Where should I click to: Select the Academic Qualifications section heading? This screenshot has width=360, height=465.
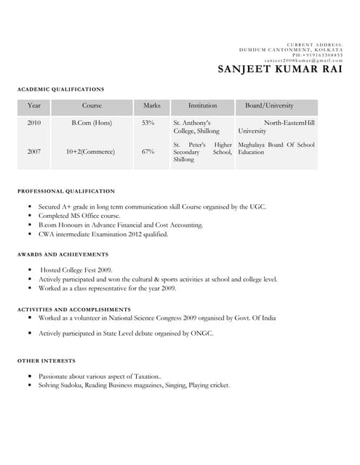[x=60, y=89]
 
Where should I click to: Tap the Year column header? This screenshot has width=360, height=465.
[x=33, y=106]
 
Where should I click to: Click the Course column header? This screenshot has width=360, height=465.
[x=92, y=106]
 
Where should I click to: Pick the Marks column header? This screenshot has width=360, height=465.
[x=151, y=106]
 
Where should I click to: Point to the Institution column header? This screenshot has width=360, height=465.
[x=202, y=106]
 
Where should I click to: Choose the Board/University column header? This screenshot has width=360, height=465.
[x=269, y=106]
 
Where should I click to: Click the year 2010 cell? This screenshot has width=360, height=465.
[x=33, y=123]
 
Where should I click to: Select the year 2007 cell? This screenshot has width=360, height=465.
[x=33, y=152]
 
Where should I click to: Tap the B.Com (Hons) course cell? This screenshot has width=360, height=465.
[x=92, y=123]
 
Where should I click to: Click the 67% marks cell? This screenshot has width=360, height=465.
[x=148, y=152]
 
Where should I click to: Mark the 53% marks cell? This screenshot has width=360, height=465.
[x=148, y=123]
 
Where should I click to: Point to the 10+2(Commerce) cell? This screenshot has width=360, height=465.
[x=92, y=152]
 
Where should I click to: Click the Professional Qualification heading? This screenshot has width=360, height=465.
[x=65, y=191]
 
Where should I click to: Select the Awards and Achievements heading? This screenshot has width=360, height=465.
[x=63, y=254]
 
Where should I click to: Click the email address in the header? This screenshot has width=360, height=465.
[x=303, y=60]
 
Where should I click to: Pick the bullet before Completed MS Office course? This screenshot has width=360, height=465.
[x=30, y=216]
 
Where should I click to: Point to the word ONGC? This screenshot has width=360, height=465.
[x=201, y=333]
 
